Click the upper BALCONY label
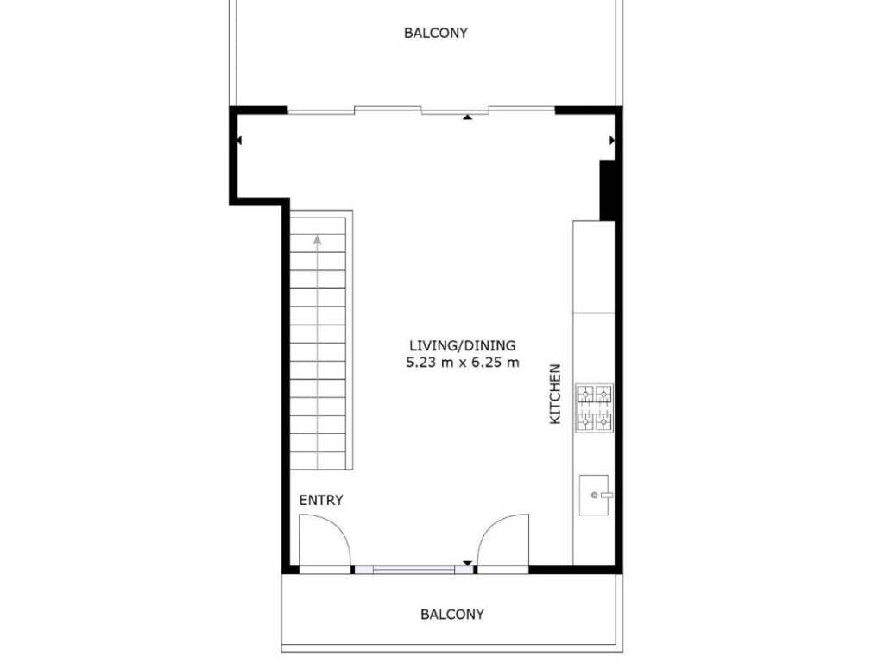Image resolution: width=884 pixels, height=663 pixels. click(436, 33)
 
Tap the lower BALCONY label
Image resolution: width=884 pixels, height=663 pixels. click(452, 614)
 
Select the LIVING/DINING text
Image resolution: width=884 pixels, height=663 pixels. click(463, 345)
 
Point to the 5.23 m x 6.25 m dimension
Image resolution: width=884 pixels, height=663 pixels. click(463, 363)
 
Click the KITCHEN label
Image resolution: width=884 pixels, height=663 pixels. click(555, 394)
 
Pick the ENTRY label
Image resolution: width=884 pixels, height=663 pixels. click(321, 500)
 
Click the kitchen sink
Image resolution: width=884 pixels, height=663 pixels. click(594, 495)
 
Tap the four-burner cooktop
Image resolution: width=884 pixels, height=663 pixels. click(594, 408)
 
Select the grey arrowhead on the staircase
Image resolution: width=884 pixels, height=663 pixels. click(318, 240)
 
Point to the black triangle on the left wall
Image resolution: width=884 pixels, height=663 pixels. click(239, 140)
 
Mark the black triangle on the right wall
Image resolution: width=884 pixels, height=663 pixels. click(612, 140)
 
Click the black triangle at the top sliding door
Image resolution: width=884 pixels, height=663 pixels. click(467, 117)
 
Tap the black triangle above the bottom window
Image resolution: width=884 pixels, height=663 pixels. click(467, 563)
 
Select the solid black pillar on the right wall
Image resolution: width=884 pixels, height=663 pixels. click(607, 191)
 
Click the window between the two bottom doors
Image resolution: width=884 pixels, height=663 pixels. click(414, 570)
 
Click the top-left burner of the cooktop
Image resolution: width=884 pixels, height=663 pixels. click(585, 394)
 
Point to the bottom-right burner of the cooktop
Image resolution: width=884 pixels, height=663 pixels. click(603, 421)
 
